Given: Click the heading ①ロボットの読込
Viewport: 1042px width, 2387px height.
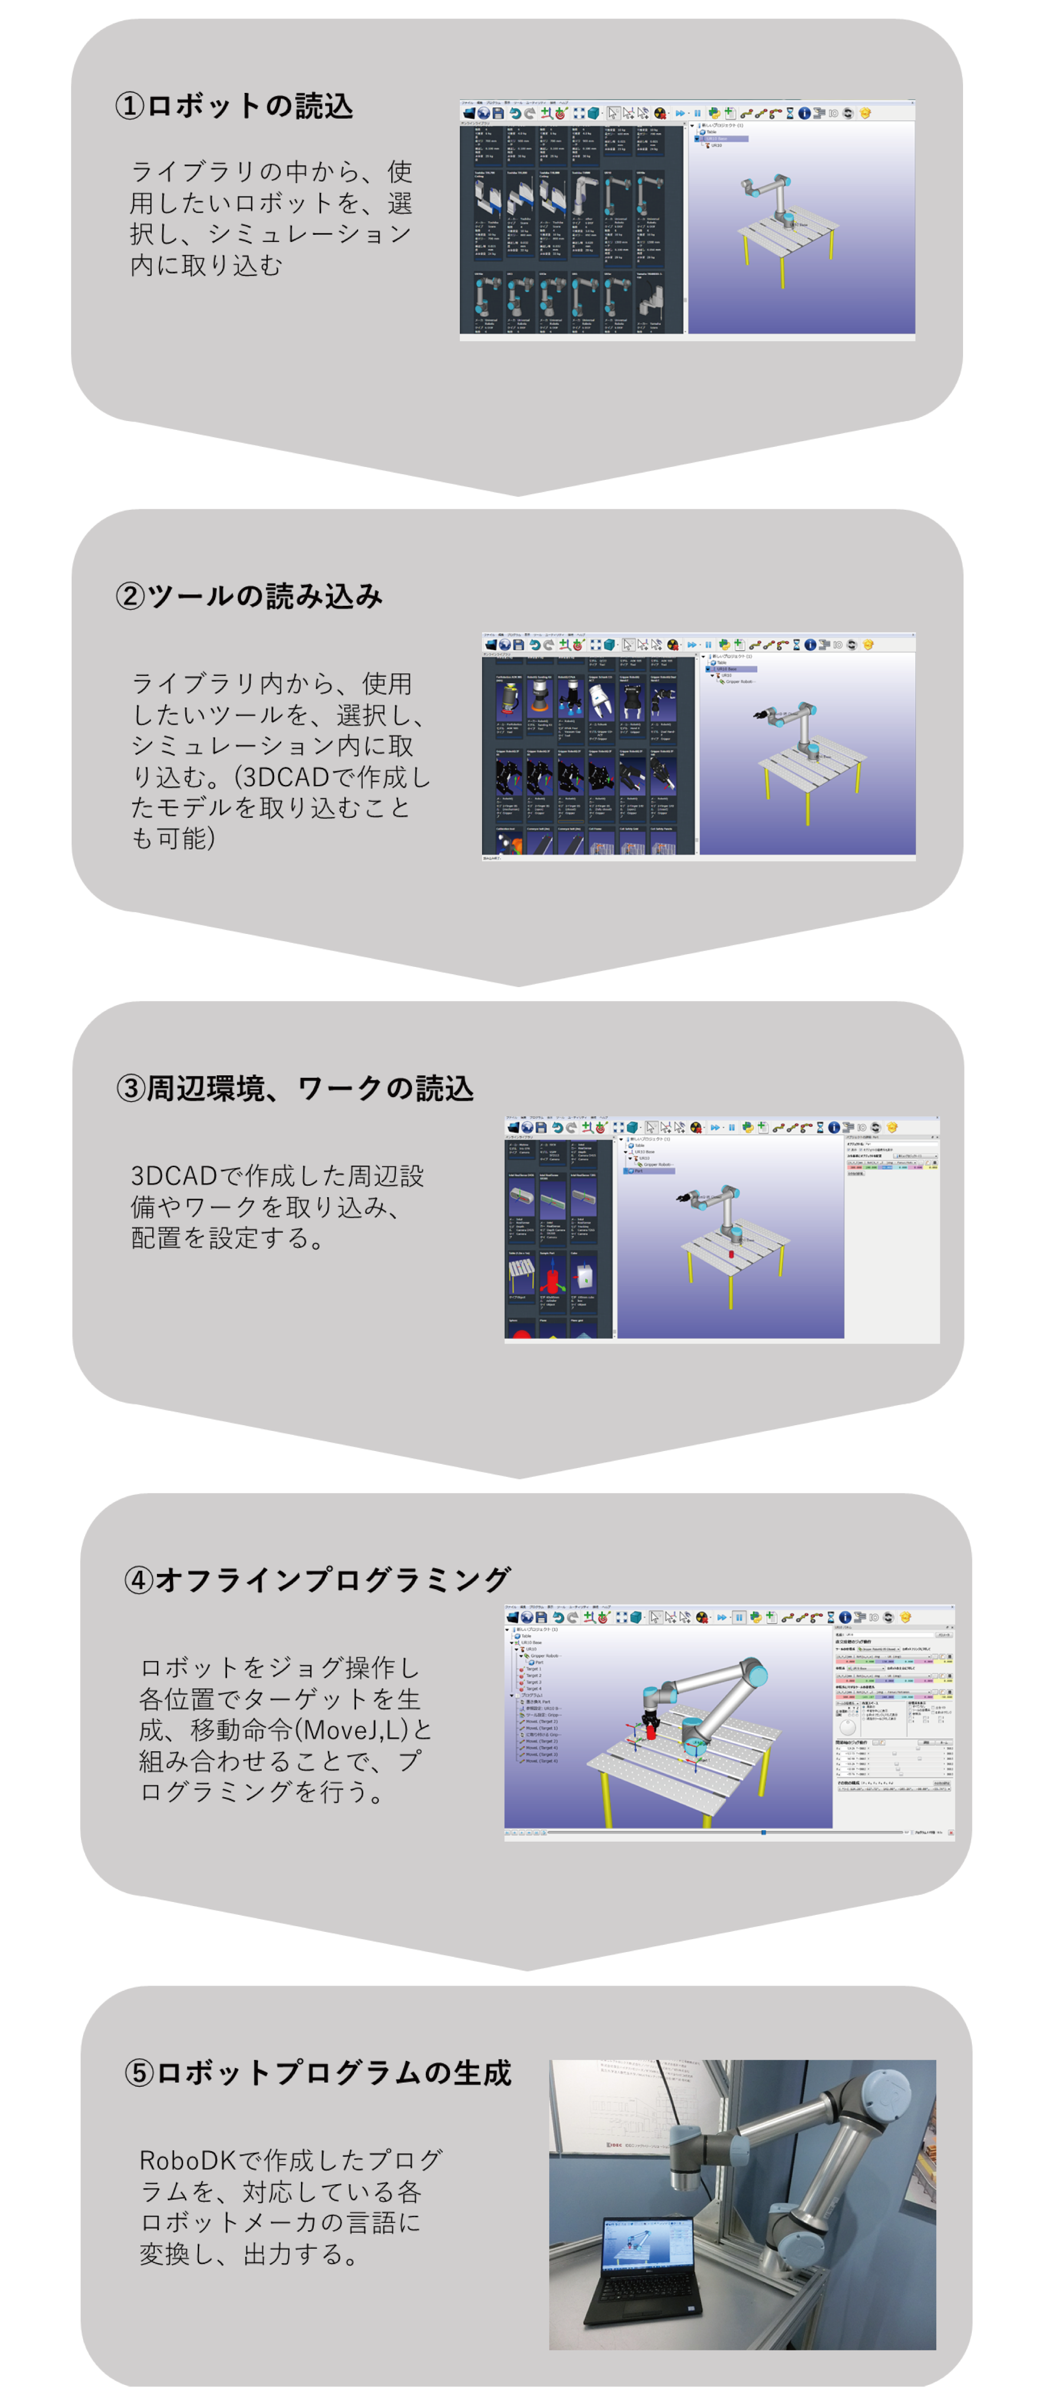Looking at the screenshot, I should [x=234, y=106].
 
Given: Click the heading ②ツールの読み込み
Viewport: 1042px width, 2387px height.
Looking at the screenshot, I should [x=248, y=596].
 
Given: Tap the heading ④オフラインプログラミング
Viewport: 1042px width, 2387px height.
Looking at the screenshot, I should [x=317, y=1579].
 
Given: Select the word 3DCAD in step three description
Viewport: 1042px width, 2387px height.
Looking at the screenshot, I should [x=172, y=1176].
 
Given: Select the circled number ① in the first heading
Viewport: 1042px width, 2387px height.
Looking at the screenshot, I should [x=129, y=106].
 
